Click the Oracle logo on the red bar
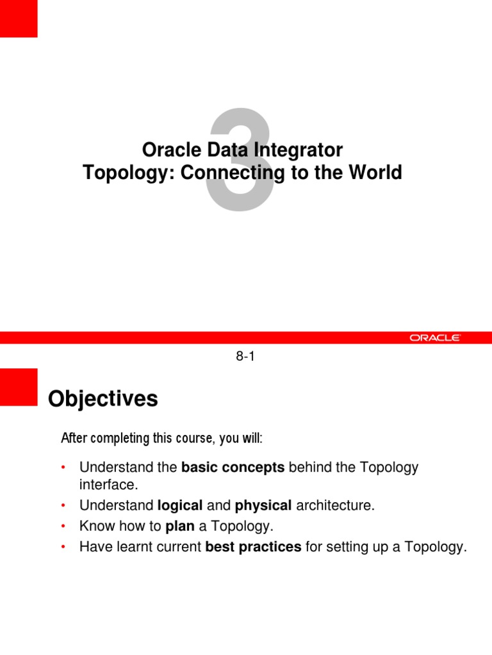[435, 338]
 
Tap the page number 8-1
[245, 358]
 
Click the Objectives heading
[102, 399]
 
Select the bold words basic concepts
[233, 468]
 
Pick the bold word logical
[180, 505]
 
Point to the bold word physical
[263, 505]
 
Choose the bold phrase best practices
[253, 548]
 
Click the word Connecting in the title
[230, 173]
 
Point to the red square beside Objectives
[19, 386]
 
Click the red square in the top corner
[19, 18]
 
